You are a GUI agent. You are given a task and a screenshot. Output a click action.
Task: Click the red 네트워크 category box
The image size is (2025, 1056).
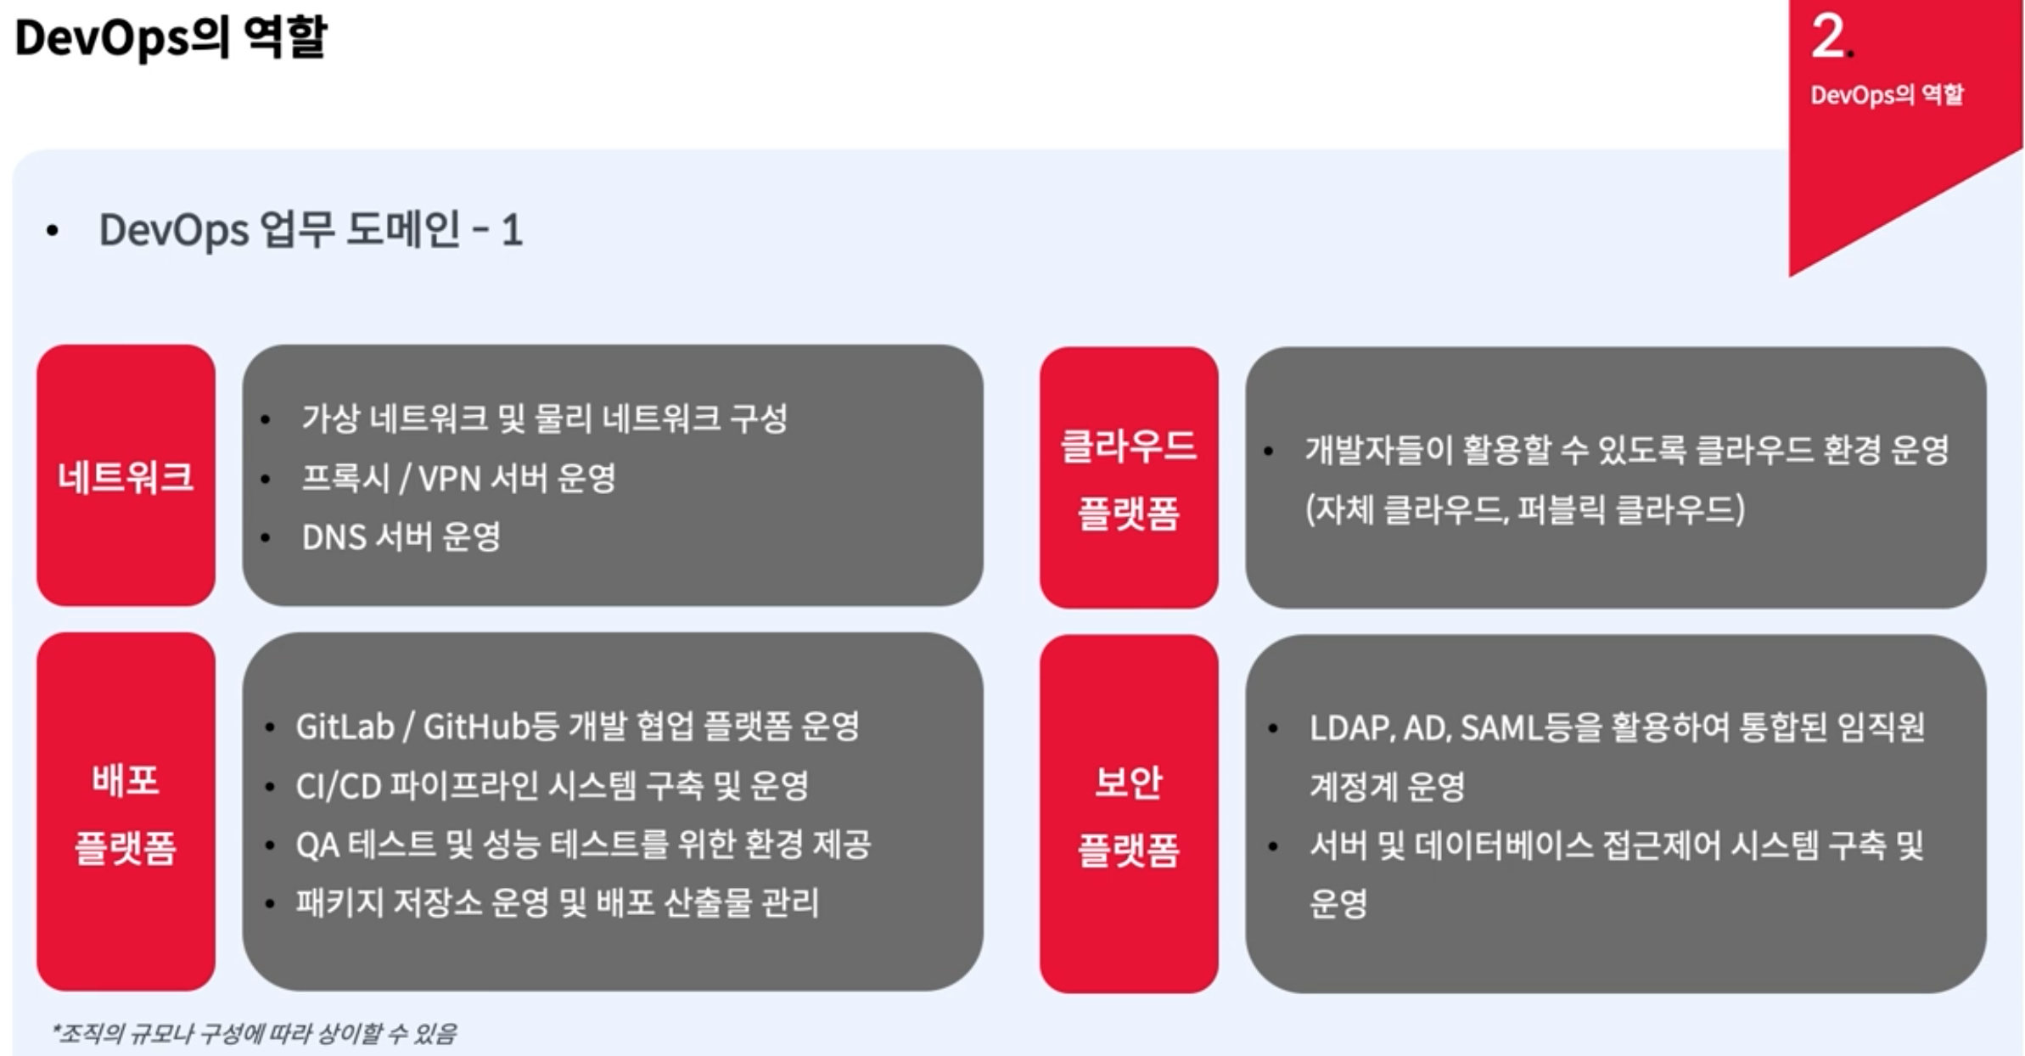point(126,475)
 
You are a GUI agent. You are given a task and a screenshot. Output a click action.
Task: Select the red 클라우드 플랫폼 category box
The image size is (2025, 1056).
point(1128,478)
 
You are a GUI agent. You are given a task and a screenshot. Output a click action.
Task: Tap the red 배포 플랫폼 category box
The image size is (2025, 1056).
point(126,812)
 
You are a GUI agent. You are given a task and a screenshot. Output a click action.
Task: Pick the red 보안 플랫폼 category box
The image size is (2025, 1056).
point(1128,814)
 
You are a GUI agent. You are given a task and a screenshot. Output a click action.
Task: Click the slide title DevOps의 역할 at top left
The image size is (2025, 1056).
point(171,37)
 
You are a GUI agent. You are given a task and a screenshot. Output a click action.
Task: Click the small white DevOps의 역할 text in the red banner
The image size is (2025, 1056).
point(1887,94)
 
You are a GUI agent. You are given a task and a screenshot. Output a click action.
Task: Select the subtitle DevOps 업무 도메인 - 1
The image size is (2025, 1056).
point(311,230)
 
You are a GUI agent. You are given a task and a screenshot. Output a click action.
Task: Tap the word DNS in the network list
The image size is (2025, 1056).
point(334,537)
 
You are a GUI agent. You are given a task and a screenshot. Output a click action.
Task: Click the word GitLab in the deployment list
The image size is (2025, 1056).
point(345,727)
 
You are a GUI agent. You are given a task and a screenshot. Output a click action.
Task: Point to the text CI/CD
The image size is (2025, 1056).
point(338,786)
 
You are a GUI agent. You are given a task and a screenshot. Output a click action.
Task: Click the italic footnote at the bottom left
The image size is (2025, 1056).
point(255,1033)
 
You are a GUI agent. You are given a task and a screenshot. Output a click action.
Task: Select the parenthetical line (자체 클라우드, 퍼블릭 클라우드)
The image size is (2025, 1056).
point(1524,509)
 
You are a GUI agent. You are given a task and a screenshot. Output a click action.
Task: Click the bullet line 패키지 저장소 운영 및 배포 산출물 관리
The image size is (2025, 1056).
point(557,902)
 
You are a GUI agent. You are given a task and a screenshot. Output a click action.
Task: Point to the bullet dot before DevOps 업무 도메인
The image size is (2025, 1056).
point(53,231)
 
